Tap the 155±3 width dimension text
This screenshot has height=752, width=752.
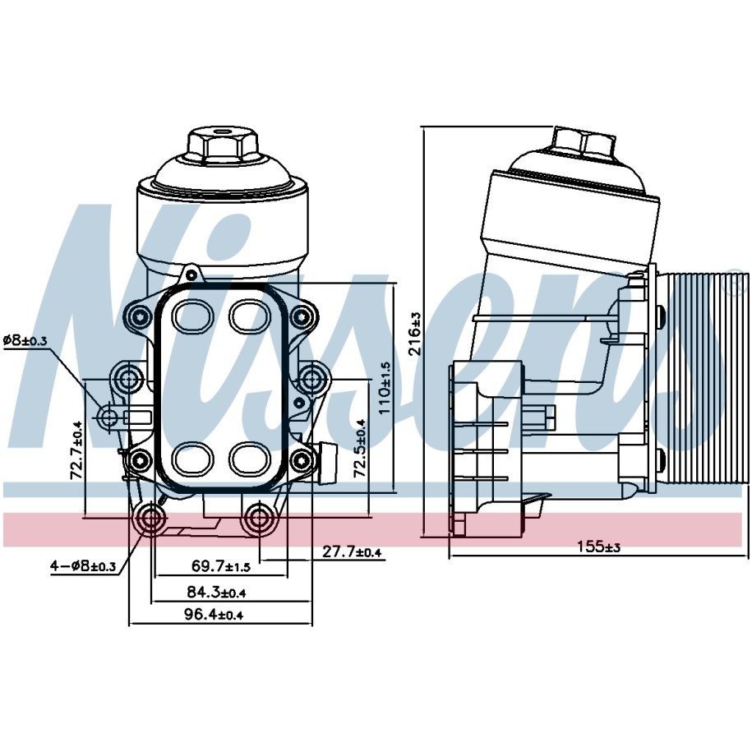pyautogui.click(x=598, y=547)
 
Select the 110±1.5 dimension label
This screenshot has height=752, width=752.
pyautogui.click(x=385, y=388)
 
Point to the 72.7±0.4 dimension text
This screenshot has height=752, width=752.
pyautogui.click(x=76, y=450)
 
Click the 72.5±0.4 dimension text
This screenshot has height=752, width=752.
pyautogui.click(x=360, y=447)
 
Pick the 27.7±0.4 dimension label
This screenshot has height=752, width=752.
pyautogui.click(x=352, y=552)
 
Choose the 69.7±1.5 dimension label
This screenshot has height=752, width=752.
pyautogui.click(x=221, y=566)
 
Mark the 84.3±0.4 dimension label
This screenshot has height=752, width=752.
pyautogui.click(x=216, y=593)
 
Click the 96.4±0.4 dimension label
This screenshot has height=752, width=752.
pyautogui.click(x=214, y=614)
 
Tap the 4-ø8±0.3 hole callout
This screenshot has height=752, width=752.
pyautogui.click(x=84, y=566)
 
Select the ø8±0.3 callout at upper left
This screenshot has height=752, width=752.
pyautogui.click(x=25, y=340)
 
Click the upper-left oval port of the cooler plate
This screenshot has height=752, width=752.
pyautogui.click(x=191, y=316)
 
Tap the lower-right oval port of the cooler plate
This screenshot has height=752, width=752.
pyautogui.click(x=250, y=458)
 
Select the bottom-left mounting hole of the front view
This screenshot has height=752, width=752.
pyautogui.click(x=151, y=518)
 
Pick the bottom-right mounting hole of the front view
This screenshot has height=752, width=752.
pyautogui.click(x=260, y=518)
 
